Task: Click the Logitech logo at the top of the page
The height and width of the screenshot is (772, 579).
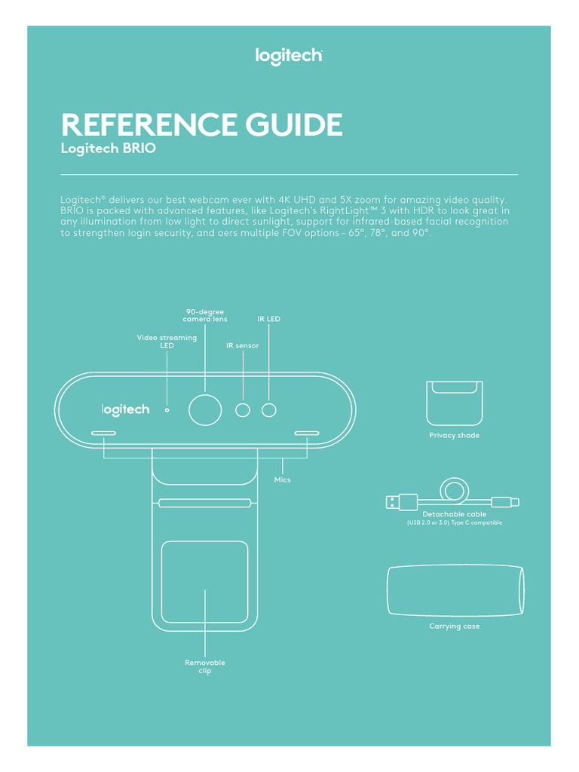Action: tap(289, 57)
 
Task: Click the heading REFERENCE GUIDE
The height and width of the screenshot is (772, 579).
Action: tap(201, 124)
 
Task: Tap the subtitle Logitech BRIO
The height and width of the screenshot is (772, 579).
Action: tap(108, 149)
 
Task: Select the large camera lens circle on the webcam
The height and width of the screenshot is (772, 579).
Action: tap(205, 410)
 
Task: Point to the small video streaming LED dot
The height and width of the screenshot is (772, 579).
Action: tap(167, 411)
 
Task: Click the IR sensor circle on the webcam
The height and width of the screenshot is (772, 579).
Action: tap(243, 410)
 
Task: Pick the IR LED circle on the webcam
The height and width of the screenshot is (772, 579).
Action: tap(269, 410)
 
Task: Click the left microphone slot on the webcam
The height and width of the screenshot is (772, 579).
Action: tap(103, 434)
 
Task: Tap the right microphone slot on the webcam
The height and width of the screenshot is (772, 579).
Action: tap(307, 434)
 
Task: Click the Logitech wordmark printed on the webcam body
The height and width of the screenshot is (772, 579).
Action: tap(126, 410)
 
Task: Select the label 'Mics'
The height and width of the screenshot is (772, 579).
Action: tap(282, 479)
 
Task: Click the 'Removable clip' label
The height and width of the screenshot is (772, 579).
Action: tap(205, 666)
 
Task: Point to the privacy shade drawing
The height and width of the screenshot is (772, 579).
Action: tap(454, 403)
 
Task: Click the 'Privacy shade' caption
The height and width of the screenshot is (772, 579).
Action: tap(454, 436)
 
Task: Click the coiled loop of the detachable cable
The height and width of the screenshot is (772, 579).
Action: tap(453, 491)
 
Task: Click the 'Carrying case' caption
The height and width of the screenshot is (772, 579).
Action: tap(454, 626)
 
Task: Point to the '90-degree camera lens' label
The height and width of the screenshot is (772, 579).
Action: tap(205, 315)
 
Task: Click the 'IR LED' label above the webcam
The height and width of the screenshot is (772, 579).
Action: tap(268, 319)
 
